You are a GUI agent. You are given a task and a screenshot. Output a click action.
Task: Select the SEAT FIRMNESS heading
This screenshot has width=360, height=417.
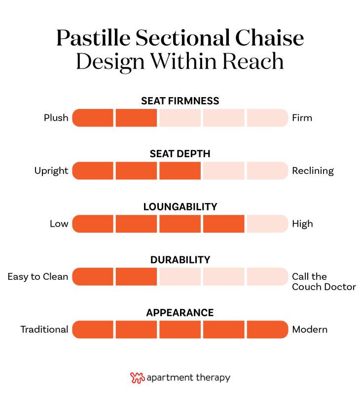click(x=180, y=101)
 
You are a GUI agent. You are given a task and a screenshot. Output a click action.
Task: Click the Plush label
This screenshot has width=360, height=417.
click(x=56, y=118)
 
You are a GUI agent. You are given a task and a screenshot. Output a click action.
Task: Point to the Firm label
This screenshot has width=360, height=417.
click(x=302, y=118)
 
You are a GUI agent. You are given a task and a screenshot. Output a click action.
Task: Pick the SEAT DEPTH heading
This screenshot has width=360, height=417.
click(x=180, y=154)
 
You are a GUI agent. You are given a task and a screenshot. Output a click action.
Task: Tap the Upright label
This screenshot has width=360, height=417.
click(x=51, y=171)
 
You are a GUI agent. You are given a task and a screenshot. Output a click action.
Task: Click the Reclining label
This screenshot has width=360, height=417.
click(x=313, y=171)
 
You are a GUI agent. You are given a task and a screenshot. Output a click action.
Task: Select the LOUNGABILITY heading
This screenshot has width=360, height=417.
click(x=180, y=207)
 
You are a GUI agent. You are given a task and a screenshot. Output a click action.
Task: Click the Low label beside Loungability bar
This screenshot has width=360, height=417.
click(x=59, y=224)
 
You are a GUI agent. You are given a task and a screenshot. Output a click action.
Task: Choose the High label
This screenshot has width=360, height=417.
click(x=302, y=224)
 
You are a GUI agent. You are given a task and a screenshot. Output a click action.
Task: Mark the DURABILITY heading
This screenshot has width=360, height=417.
click(x=180, y=260)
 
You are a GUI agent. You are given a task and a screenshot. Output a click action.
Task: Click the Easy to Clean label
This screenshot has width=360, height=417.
click(x=38, y=277)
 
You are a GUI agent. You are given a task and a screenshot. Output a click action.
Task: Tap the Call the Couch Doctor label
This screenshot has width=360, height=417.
click(x=324, y=281)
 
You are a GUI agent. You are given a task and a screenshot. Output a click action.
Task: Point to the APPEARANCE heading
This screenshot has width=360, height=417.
click(x=180, y=313)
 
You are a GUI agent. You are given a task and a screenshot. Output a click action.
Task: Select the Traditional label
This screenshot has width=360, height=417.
click(x=44, y=329)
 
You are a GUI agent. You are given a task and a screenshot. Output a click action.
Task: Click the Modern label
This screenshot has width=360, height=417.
click(x=310, y=329)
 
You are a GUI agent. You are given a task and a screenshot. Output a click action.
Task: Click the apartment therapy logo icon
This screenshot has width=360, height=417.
click(x=137, y=378)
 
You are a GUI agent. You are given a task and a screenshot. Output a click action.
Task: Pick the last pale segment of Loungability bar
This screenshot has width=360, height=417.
click(x=267, y=224)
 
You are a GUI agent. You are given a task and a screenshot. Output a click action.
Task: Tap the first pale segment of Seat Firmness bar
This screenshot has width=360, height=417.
click(x=180, y=118)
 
